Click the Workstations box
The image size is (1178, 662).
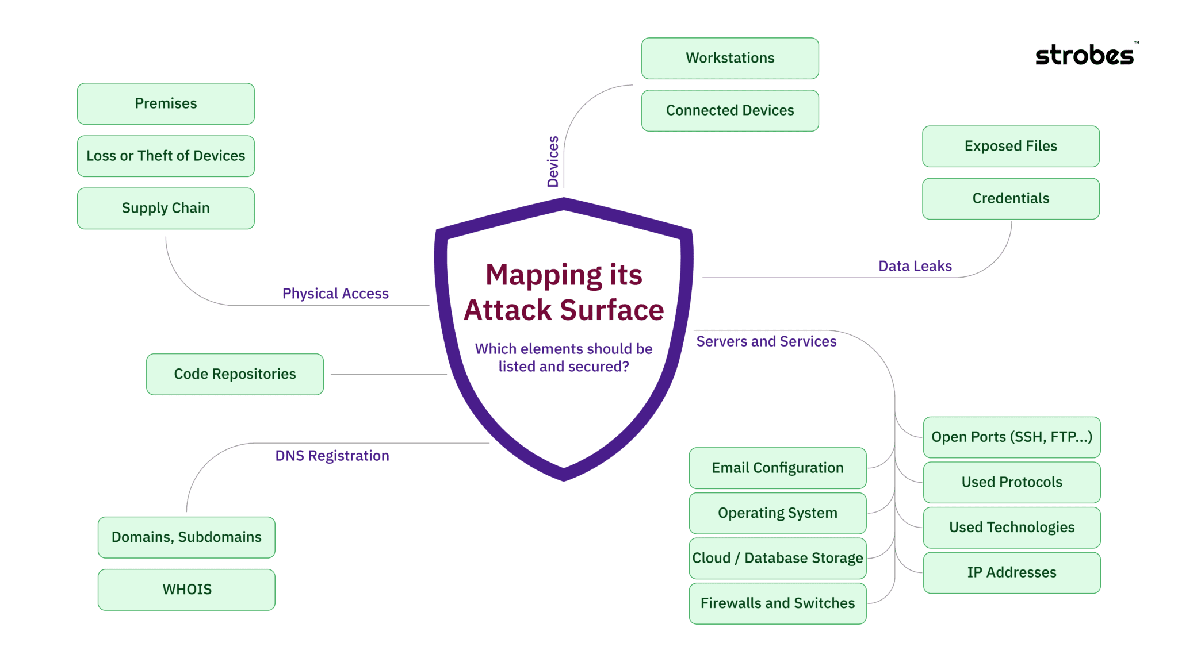(730, 58)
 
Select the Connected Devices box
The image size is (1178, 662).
(730, 110)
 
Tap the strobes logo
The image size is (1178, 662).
(1084, 55)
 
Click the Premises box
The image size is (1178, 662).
(166, 103)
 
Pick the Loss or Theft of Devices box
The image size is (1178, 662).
(166, 156)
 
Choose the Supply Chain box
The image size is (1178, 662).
(166, 208)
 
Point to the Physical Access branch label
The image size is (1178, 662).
(335, 294)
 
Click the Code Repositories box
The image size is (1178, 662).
(235, 374)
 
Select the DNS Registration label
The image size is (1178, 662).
(332, 456)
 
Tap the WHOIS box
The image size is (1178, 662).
(186, 590)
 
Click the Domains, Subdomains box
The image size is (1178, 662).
(186, 537)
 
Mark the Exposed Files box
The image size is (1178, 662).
(1011, 146)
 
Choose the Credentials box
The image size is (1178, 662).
(1011, 198)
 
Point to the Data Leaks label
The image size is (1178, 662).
(915, 266)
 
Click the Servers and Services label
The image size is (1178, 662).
(766, 341)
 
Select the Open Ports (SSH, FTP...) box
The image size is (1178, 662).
(1012, 437)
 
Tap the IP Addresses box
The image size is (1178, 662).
(1012, 572)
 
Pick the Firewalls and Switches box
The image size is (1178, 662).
(778, 603)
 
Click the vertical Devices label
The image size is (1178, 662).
(553, 161)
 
